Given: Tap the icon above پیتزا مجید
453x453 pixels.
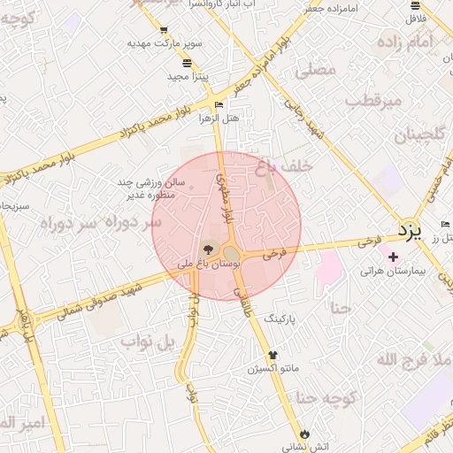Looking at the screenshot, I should click(x=187, y=64).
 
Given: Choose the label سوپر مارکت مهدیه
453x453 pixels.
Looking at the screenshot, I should click(x=165, y=42).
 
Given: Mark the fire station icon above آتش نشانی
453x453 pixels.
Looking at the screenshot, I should click(x=305, y=434).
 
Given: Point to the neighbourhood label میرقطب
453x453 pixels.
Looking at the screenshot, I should click(x=372, y=100).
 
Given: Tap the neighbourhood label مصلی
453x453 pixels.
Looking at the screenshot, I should click(x=317, y=69).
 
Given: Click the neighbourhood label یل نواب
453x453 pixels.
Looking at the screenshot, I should click(x=153, y=342).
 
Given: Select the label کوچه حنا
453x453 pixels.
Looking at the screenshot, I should click(x=326, y=397).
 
